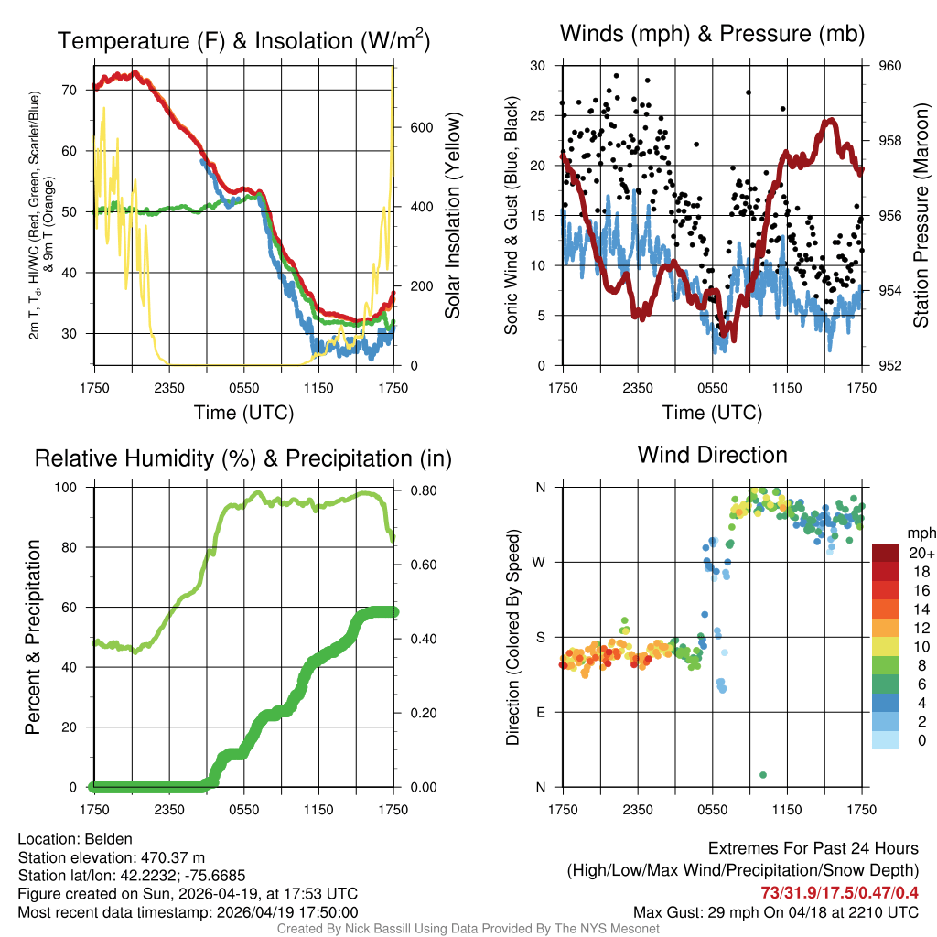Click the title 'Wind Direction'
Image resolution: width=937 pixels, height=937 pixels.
pos(712,455)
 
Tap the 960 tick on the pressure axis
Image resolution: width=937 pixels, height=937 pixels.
pos(891,66)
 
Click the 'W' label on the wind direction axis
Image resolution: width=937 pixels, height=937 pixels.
pos(540,562)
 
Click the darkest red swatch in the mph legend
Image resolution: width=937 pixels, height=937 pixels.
pos(886,553)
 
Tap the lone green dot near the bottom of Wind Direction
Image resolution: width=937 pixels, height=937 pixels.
pos(763,775)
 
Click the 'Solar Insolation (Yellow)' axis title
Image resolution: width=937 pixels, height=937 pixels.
pos(453,216)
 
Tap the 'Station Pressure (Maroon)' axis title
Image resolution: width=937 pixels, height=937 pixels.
pos(921,216)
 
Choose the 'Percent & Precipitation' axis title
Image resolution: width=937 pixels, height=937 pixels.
pos(33,637)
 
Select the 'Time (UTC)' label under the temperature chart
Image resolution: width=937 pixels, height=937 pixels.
pos(243,413)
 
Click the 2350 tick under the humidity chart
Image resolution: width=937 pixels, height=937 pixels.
pos(170,809)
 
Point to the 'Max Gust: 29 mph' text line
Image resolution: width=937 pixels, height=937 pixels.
pos(776,912)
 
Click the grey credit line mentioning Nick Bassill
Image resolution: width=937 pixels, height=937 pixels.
pos(468,929)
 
